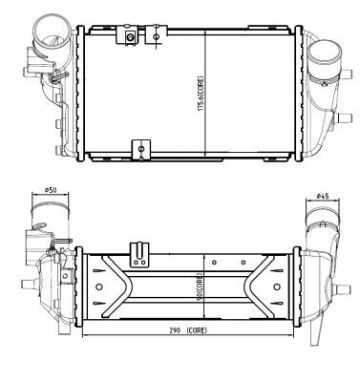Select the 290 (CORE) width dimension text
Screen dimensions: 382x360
click(x=186, y=330)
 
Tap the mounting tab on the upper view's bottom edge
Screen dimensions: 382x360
click(x=141, y=148)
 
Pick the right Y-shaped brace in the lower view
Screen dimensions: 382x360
click(x=265, y=284)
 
